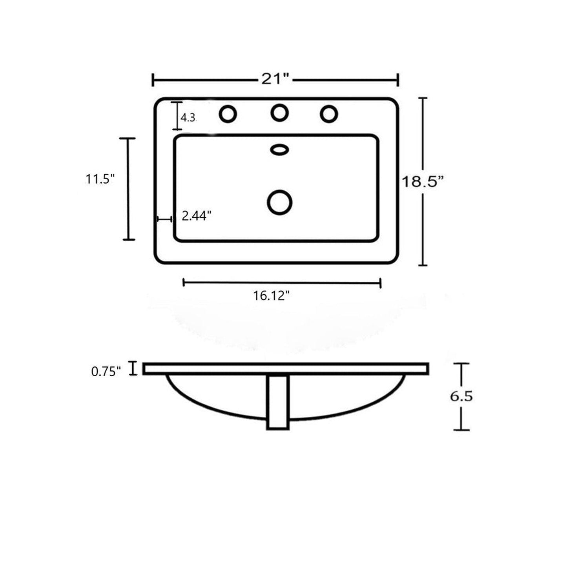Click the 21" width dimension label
click(x=275, y=79)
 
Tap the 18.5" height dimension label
click(x=423, y=182)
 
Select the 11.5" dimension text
click(x=99, y=179)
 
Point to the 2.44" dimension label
click(x=197, y=217)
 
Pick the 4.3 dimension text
click(x=188, y=118)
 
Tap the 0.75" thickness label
click(x=106, y=372)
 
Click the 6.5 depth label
click(x=461, y=397)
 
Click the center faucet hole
click(x=279, y=113)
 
